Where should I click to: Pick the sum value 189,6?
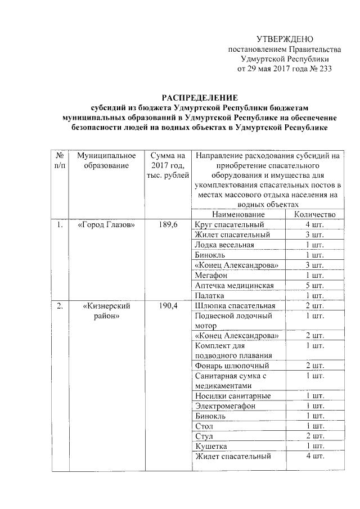(168, 225)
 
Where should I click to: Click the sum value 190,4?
(168, 306)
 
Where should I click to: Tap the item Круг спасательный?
(228, 225)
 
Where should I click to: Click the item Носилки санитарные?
(233, 396)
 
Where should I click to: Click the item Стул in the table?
(204, 436)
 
